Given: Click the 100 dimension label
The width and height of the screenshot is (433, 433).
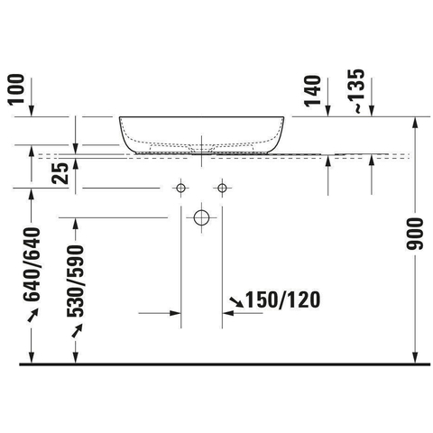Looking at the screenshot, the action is coord(16,89).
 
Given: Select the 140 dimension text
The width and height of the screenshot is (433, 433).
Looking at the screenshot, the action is coord(312,91).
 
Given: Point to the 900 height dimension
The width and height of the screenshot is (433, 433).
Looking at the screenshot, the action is coord(415,234).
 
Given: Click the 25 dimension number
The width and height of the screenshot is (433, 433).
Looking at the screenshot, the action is coord(60,173).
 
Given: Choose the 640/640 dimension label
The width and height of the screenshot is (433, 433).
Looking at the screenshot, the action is coord(32,264).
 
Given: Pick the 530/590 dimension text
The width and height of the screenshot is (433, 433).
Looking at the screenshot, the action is coord(76,281).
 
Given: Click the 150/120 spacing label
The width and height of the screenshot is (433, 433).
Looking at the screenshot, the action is coord(283,300).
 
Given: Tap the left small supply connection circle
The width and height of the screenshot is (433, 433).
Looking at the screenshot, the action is coord(180,189).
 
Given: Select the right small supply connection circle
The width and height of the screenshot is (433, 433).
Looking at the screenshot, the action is coord(222,189).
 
